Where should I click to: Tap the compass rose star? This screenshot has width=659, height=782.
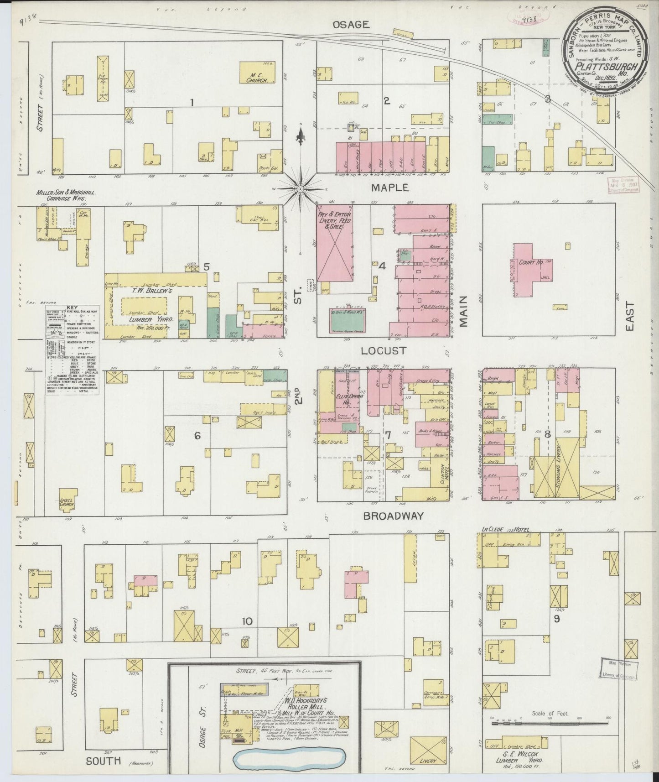301,188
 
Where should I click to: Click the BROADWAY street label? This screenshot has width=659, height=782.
394,516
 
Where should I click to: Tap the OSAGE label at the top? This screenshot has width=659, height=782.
351,25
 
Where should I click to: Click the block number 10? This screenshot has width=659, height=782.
247,621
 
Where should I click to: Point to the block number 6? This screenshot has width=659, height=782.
197,436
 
